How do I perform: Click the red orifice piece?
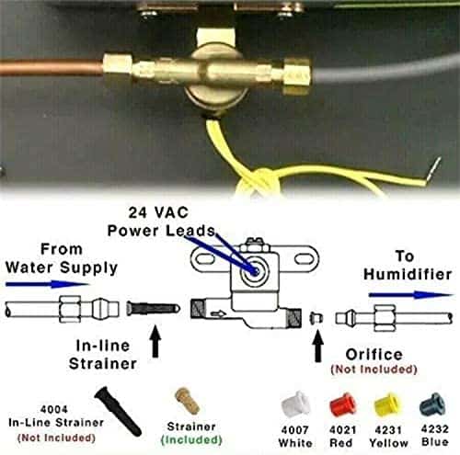click(342, 404)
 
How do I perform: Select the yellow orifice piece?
click(387, 404)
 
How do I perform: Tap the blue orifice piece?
click(432, 404)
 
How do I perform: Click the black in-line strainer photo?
click(118, 410)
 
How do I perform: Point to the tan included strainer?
click(187, 401)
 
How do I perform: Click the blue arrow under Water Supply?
click(47, 284)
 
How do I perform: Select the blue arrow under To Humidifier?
click(410, 295)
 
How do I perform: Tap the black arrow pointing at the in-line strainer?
click(155, 341)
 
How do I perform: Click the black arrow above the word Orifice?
click(318, 346)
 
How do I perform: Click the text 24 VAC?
click(158, 212)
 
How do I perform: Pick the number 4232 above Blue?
click(434, 428)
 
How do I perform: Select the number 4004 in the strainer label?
click(54, 409)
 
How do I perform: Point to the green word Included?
click(191, 440)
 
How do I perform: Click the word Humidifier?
click(408, 274)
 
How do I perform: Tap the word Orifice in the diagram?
click(374, 355)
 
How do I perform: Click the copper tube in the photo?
click(52, 67)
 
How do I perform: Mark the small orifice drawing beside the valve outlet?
click(316, 318)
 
